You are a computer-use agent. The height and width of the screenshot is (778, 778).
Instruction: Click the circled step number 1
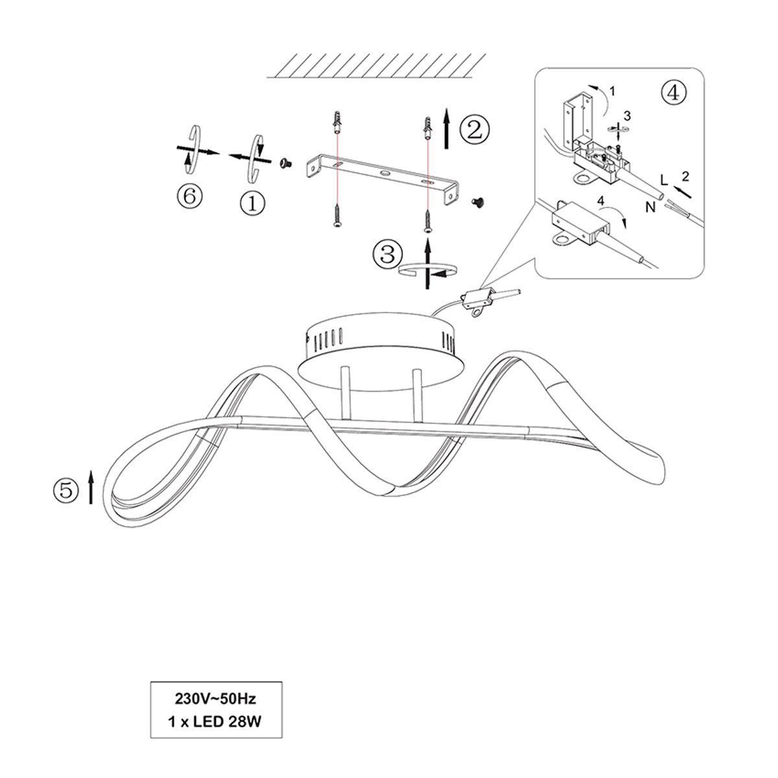click(x=253, y=203)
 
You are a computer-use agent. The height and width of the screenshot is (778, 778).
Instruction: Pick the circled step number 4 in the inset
click(x=673, y=93)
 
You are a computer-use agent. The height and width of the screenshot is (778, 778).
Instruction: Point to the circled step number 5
click(x=66, y=491)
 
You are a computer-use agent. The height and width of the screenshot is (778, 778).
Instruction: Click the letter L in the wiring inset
click(x=664, y=180)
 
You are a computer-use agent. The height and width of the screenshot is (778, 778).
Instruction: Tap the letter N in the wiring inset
click(x=650, y=207)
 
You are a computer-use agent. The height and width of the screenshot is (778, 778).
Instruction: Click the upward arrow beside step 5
click(x=91, y=488)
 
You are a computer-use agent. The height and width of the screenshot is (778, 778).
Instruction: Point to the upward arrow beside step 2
click(x=446, y=128)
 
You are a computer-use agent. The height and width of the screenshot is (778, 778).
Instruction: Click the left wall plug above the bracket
click(x=336, y=124)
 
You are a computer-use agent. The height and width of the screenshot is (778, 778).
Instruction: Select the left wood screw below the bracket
click(x=336, y=215)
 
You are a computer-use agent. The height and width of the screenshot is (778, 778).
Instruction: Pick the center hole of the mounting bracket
click(x=384, y=174)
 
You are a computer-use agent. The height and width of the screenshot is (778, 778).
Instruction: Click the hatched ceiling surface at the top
click(x=376, y=65)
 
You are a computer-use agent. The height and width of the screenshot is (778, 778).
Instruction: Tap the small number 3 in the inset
click(x=626, y=116)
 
